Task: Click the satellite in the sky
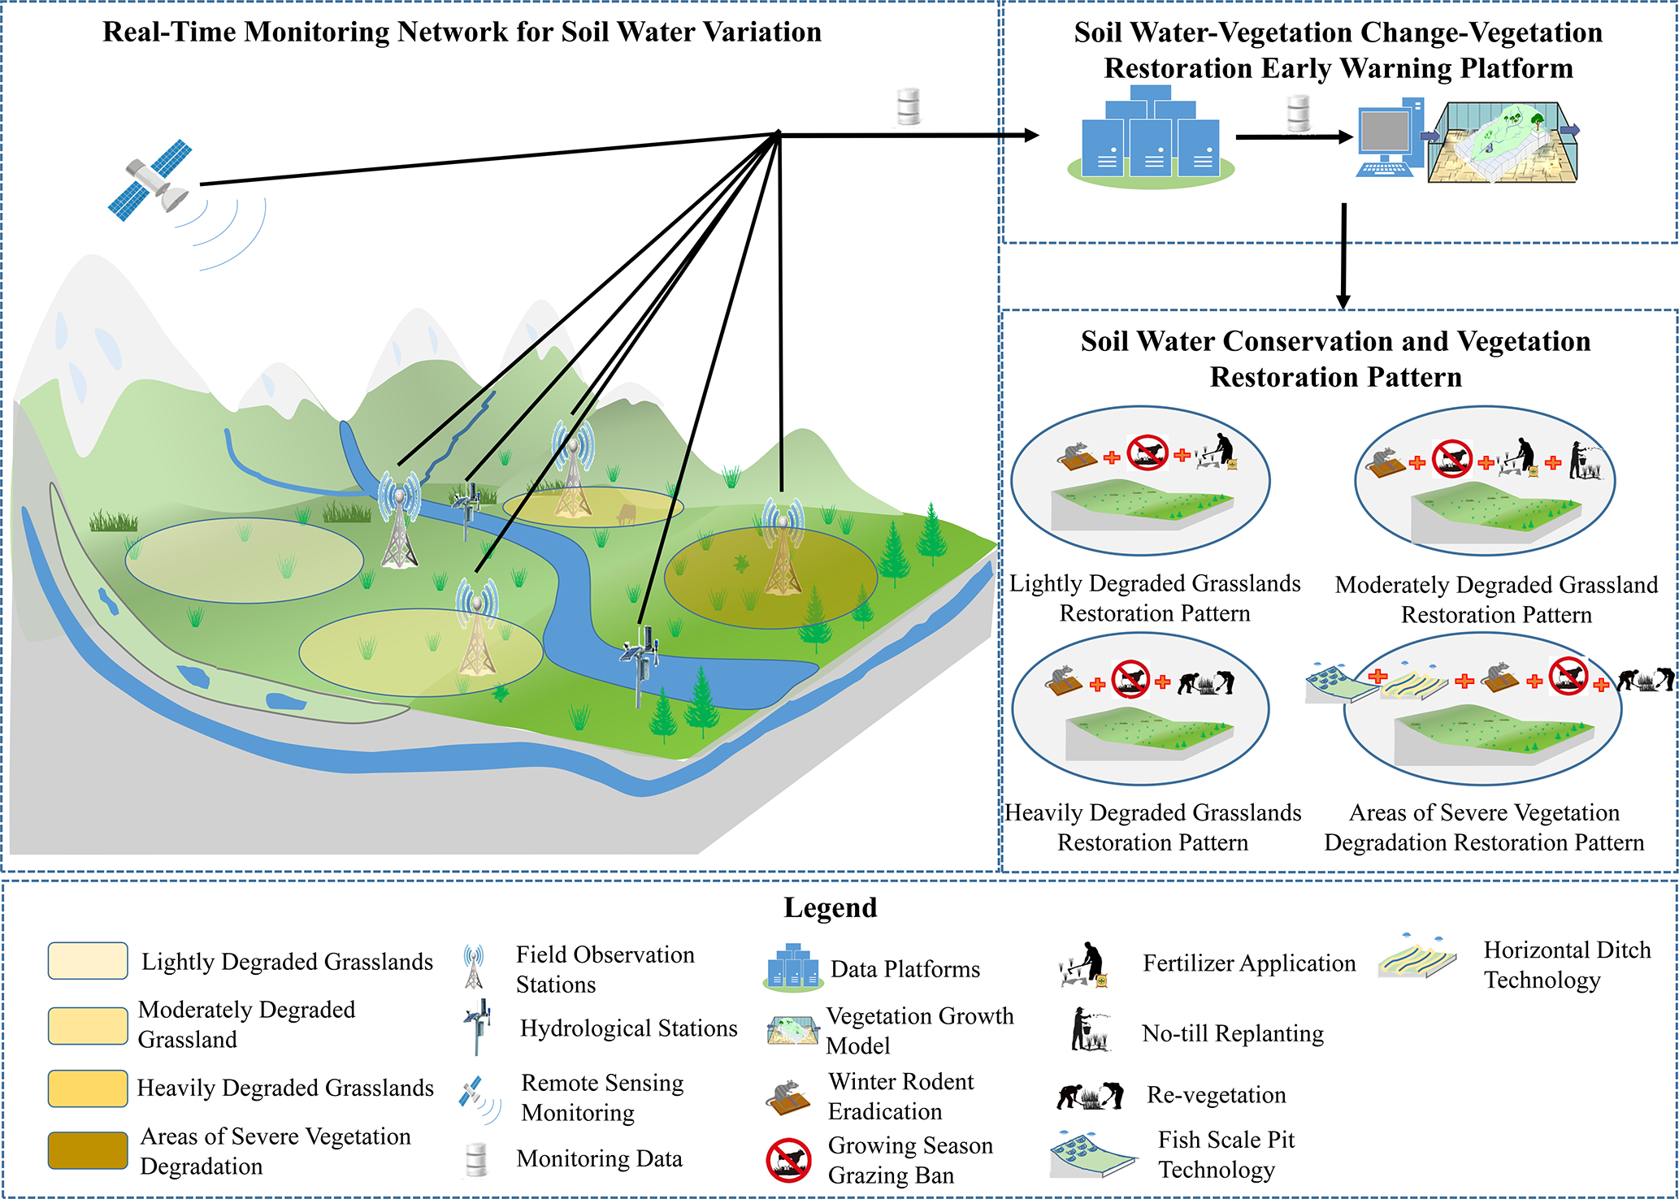(x=151, y=180)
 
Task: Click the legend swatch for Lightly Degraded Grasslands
(x=88, y=961)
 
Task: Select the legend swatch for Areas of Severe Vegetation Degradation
(x=88, y=1150)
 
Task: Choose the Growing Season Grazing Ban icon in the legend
(x=788, y=1160)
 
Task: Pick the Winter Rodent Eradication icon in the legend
(x=788, y=1097)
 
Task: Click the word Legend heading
(x=830, y=907)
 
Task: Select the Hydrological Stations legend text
(x=628, y=1028)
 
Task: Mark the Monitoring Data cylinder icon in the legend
(x=476, y=1159)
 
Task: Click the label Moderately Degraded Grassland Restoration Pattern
(x=1496, y=599)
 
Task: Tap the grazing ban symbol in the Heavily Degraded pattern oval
(x=1130, y=679)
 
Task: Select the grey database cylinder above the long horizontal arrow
(x=908, y=106)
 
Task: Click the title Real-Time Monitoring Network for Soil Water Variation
(x=462, y=32)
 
